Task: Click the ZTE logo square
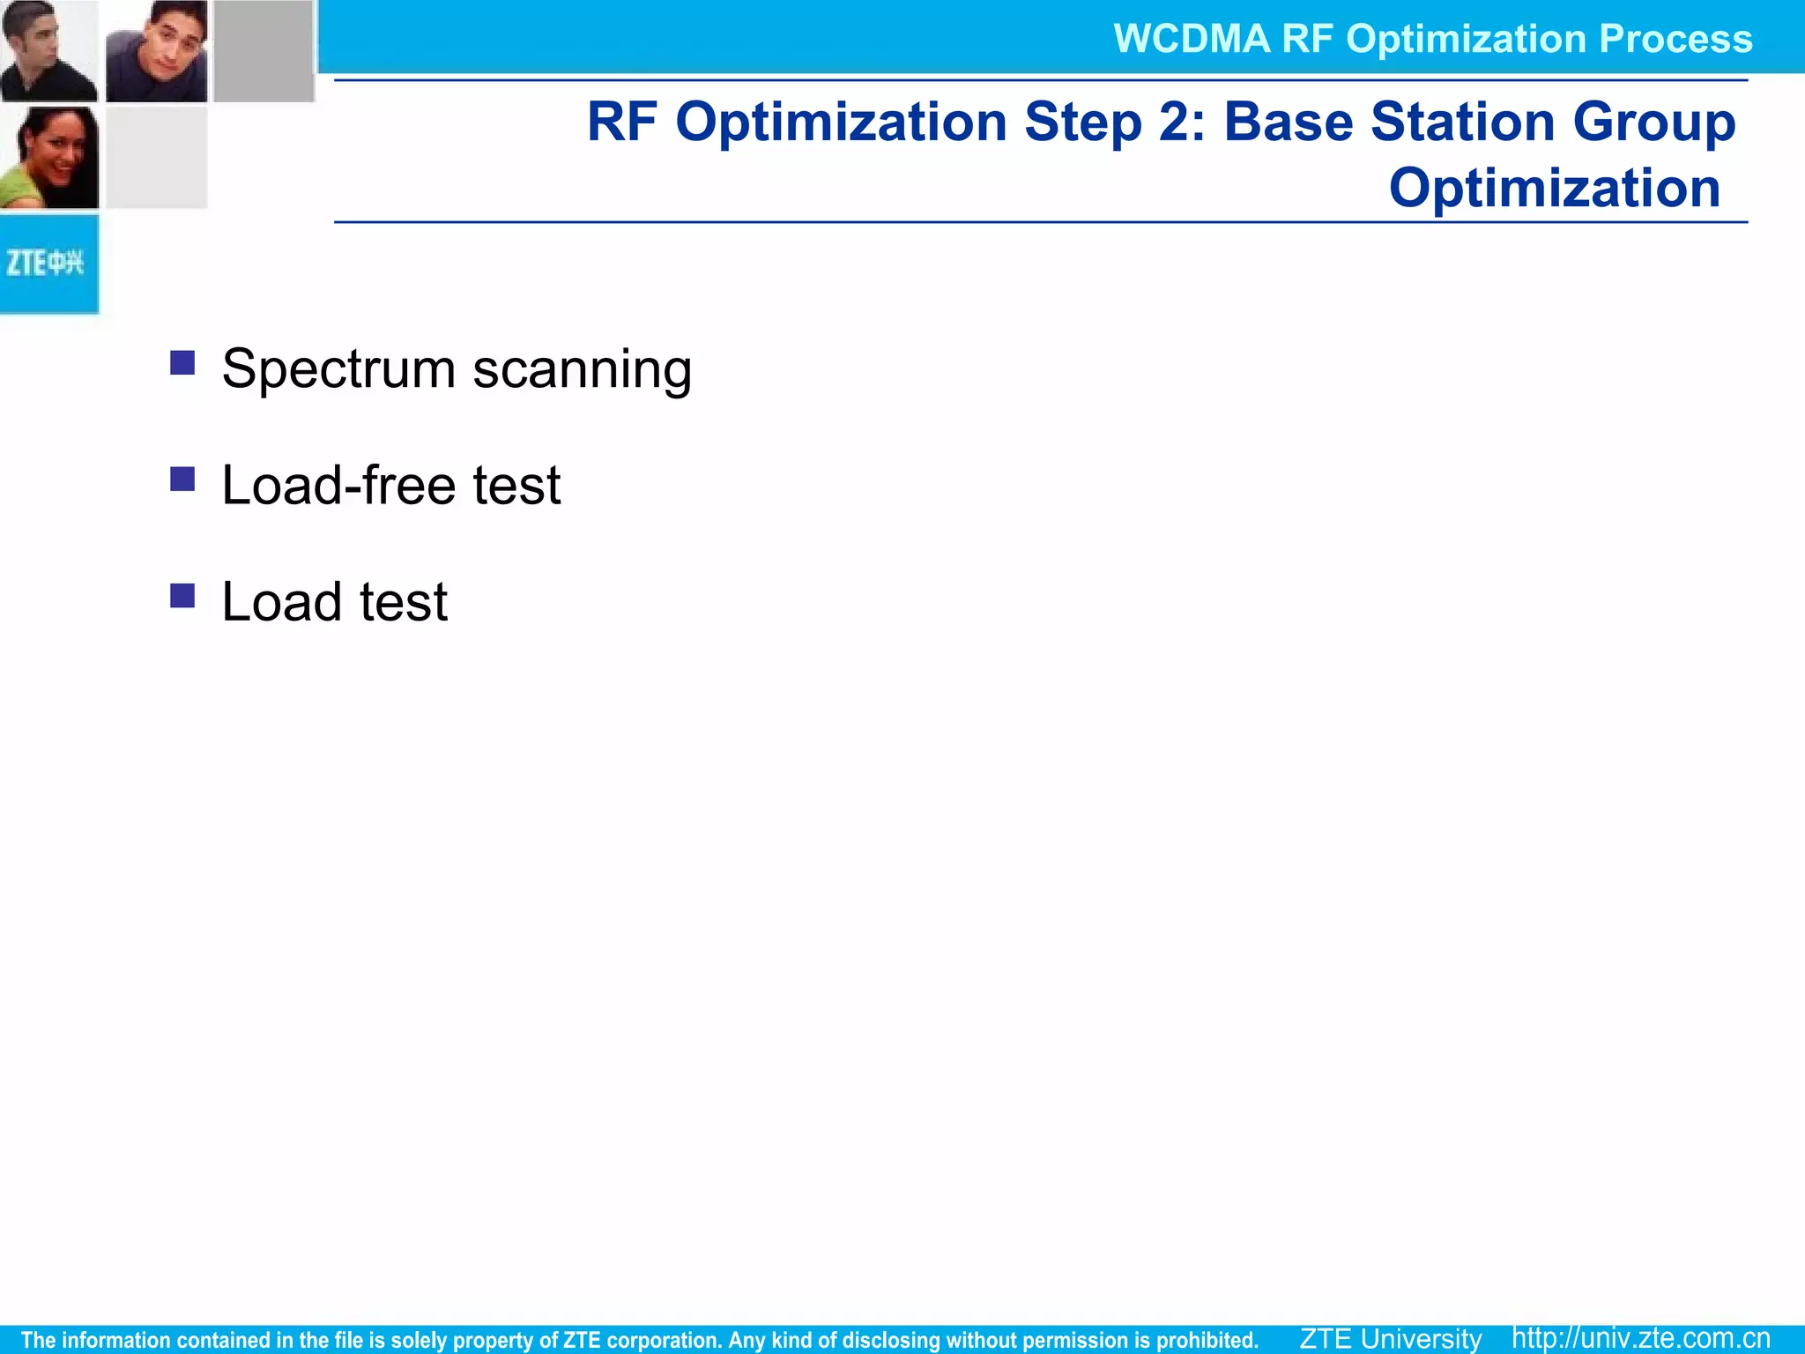tap(48, 264)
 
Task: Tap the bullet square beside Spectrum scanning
tap(182, 362)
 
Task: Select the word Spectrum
tap(338, 369)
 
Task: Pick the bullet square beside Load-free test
tap(182, 479)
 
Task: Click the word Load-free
tap(338, 486)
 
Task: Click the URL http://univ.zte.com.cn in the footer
tap(1641, 1337)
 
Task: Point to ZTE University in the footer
tap(1391, 1338)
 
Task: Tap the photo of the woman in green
tap(49, 158)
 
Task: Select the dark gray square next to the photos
tap(264, 50)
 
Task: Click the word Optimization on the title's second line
tap(1555, 188)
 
